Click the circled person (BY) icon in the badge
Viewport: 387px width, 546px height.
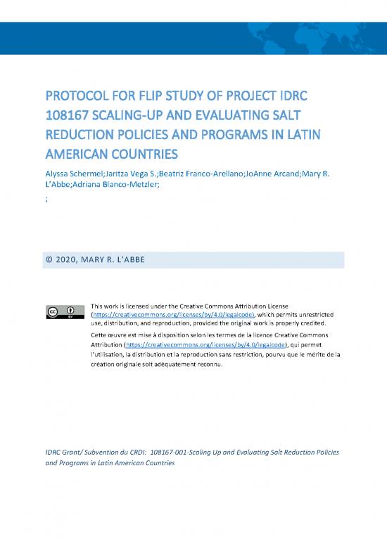click(x=70, y=311)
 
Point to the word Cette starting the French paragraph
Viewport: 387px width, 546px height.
click(x=101, y=336)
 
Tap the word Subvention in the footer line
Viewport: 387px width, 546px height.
click(x=99, y=453)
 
